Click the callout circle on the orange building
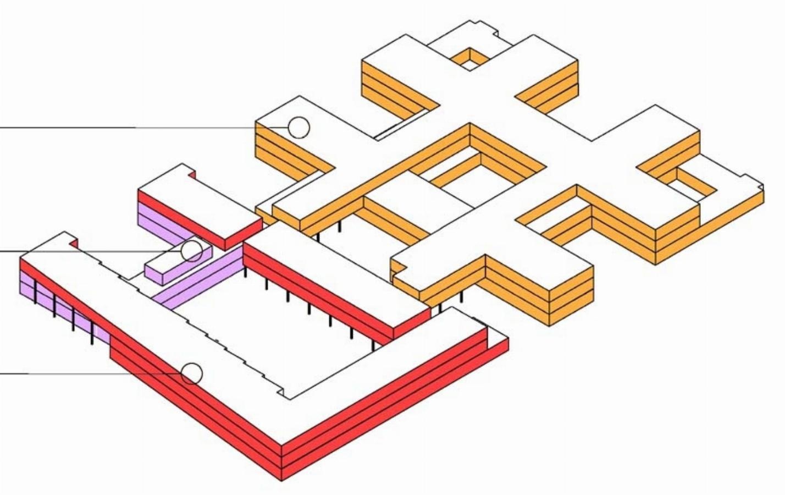coord(299,127)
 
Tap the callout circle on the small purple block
coord(192,251)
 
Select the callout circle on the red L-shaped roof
coord(191,374)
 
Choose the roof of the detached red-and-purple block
coord(198,204)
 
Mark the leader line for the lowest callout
coord(82,374)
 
